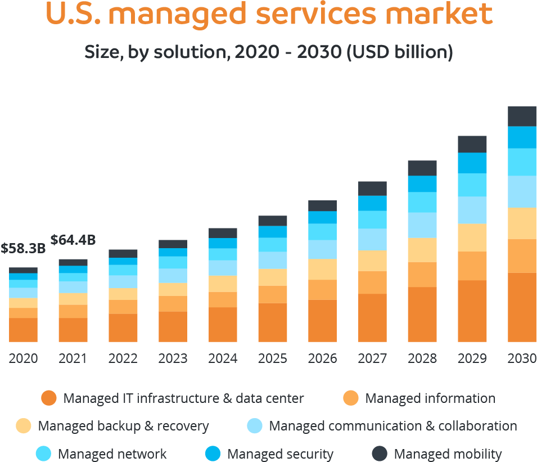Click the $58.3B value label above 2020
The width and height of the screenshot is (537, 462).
click(23, 248)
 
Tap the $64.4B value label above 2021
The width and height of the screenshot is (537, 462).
click(73, 240)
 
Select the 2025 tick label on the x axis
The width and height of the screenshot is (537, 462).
click(273, 358)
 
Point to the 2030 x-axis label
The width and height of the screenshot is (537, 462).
click(522, 358)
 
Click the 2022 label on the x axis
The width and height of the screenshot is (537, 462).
click(123, 358)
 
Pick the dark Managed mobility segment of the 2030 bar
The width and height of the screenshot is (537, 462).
click(522, 116)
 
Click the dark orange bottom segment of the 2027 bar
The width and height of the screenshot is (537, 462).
click(372, 318)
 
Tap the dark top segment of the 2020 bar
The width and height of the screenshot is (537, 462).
click(23, 270)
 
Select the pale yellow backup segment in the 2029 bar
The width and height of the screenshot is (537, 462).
click(472, 237)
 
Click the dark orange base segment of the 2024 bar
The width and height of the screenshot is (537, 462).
click(223, 325)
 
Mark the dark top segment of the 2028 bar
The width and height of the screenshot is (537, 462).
click(422, 168)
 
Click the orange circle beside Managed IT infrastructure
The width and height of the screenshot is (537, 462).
click(49, 398)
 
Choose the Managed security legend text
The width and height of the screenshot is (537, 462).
click(280, 454)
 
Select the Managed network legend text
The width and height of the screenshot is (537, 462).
click(112, 454)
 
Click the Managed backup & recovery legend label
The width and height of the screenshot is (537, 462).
click(123, 426)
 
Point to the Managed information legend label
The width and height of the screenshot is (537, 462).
click(430, 398)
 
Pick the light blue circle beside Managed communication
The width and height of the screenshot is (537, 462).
click(255, 426)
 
